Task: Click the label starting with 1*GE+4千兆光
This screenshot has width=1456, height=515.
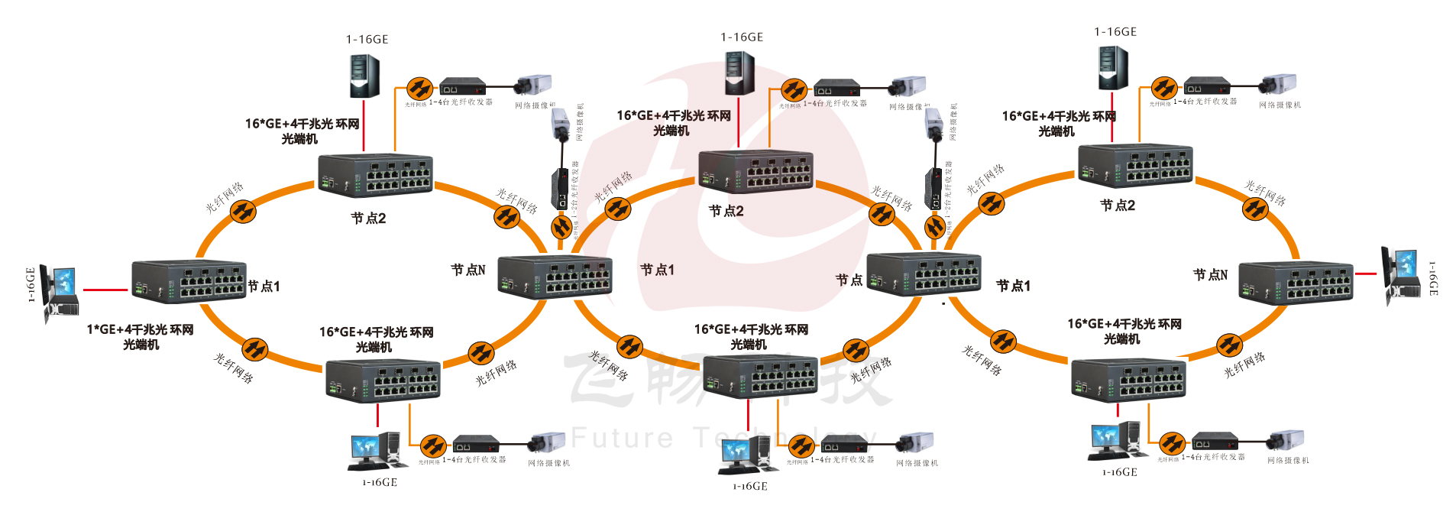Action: tap(141, 337)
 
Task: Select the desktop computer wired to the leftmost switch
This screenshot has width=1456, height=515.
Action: tap(60, 293)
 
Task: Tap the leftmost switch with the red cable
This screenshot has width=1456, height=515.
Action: tap(189, 282)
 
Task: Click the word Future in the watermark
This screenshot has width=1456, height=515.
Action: tap(623, 438)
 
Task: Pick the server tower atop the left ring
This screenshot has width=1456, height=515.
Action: tap(364, 75)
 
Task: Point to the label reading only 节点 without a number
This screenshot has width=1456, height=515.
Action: tap(849, 280)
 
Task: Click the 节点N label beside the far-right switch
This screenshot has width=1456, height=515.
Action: tap(1210, 274)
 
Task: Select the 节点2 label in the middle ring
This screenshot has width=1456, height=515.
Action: tap(726, 211)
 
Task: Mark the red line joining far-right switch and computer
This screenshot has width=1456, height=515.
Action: tap(1366, 274)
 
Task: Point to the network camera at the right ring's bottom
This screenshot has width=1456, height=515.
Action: tap(1286, 441)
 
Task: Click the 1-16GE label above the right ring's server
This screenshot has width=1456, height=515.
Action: tap(1115, 32)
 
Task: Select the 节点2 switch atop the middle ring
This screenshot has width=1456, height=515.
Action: tap(756, 172)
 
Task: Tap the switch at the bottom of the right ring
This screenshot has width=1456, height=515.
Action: tap(1128, 379)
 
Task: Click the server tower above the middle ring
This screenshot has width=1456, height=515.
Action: tap(739, 73)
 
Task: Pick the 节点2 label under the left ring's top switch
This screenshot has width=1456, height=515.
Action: tap(368, 219)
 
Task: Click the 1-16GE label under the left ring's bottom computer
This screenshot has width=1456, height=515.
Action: tap(380, 483)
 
